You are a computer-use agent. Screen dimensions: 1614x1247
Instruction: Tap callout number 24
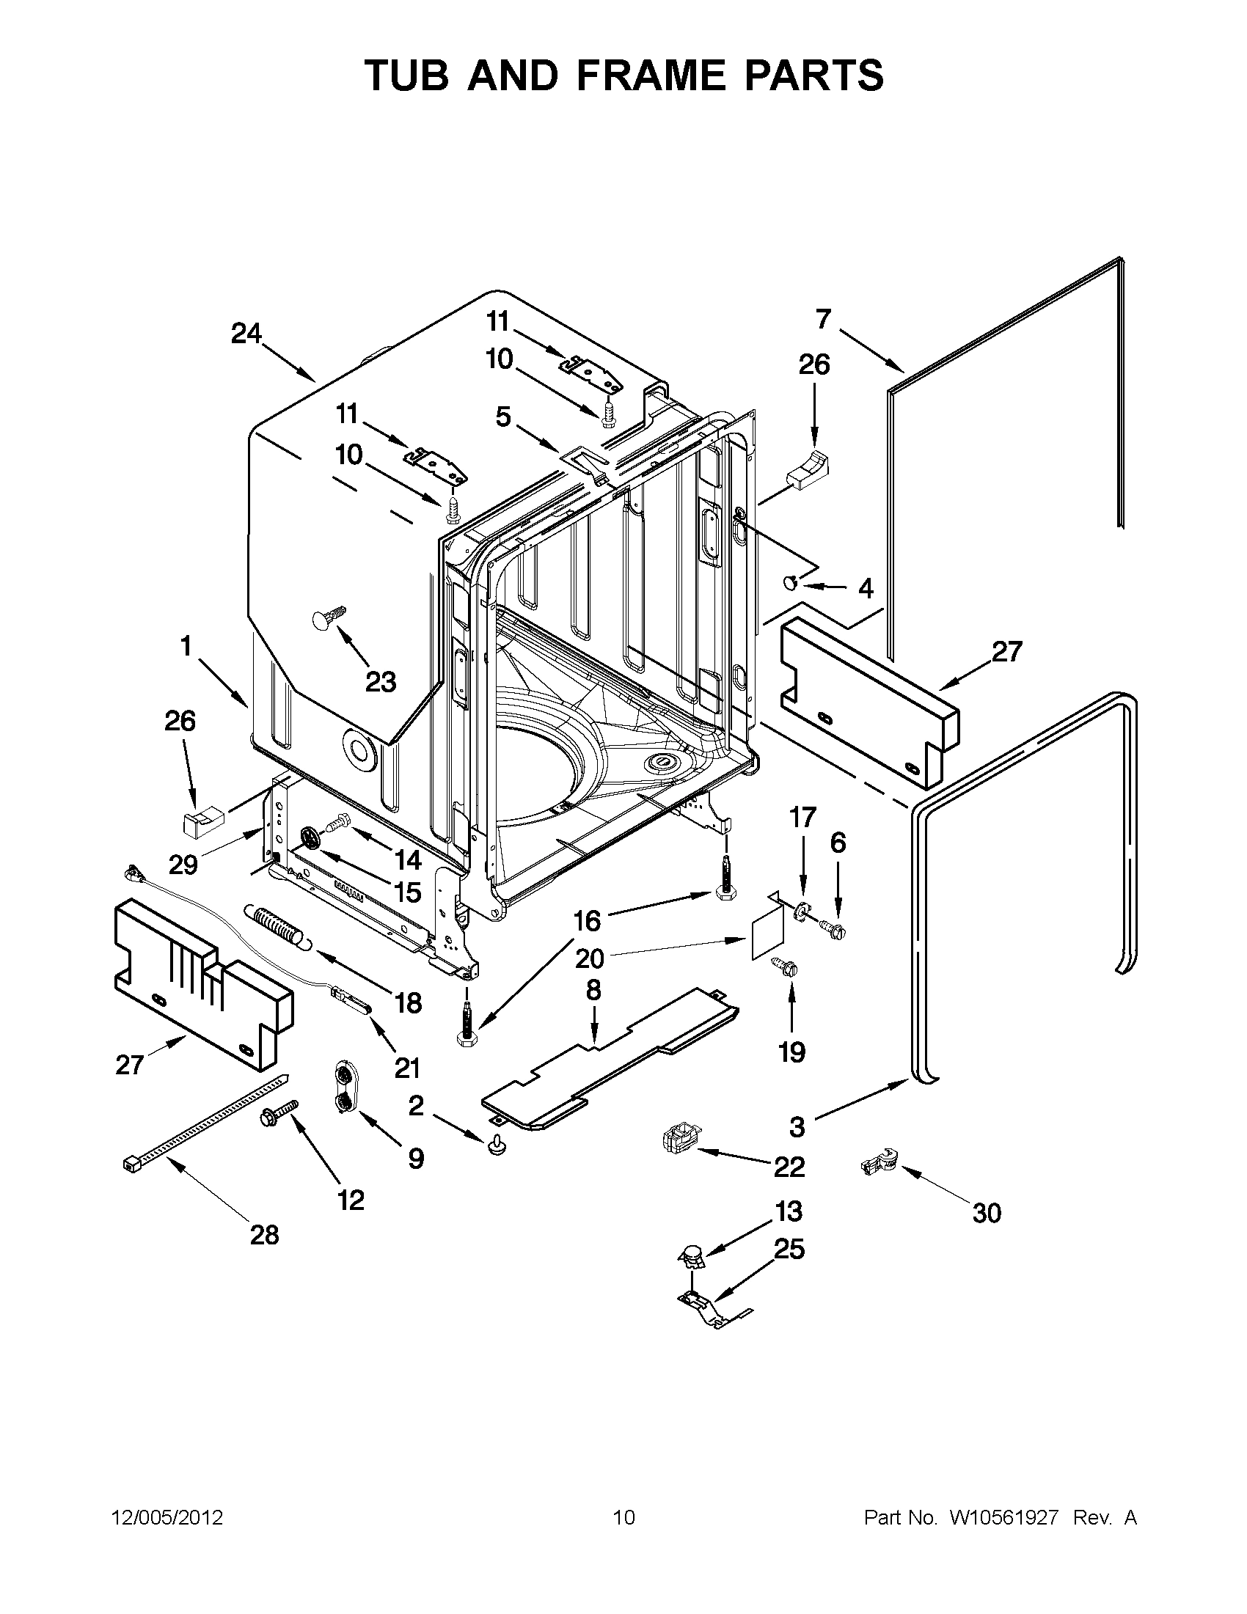point(246,334)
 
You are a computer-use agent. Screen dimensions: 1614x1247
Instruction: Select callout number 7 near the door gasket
point(824,319)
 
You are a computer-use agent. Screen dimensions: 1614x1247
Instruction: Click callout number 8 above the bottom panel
point(593,990)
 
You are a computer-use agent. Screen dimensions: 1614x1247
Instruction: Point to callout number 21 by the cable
point(407,1067)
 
